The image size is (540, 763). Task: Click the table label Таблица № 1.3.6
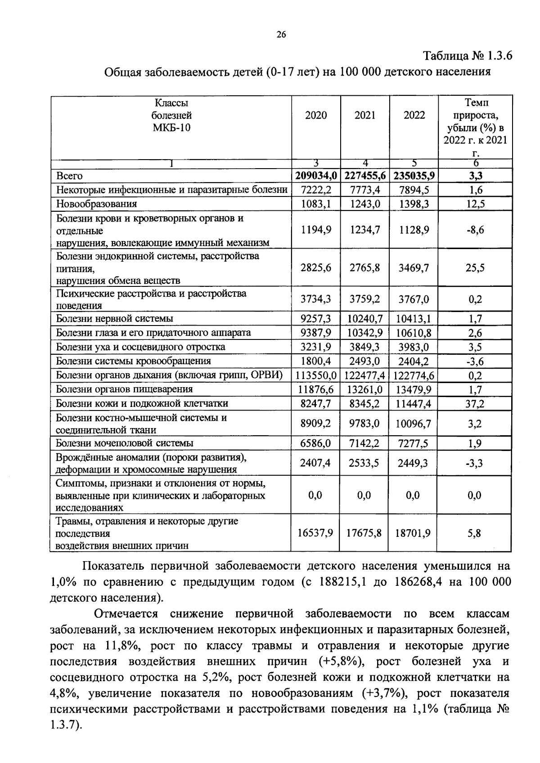coord(467,56)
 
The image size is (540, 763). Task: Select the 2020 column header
coord(316,116)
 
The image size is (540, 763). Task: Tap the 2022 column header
coord(414,116)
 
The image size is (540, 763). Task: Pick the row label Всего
coord(69,176)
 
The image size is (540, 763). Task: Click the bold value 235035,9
coord(414,176)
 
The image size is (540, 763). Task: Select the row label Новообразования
coord(96,204)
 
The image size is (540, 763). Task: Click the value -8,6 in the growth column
coord(475,230)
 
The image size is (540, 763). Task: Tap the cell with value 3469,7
coord(414,268)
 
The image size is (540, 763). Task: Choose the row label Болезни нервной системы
coord(114,319)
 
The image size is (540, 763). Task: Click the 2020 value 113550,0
coord(316,375)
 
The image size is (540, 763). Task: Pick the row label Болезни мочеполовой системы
coord(125,443)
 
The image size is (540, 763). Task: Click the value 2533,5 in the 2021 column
coord(364,463)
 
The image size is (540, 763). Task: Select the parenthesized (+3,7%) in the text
coord(384,693)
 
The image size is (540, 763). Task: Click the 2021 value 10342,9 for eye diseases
coord(364,333)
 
